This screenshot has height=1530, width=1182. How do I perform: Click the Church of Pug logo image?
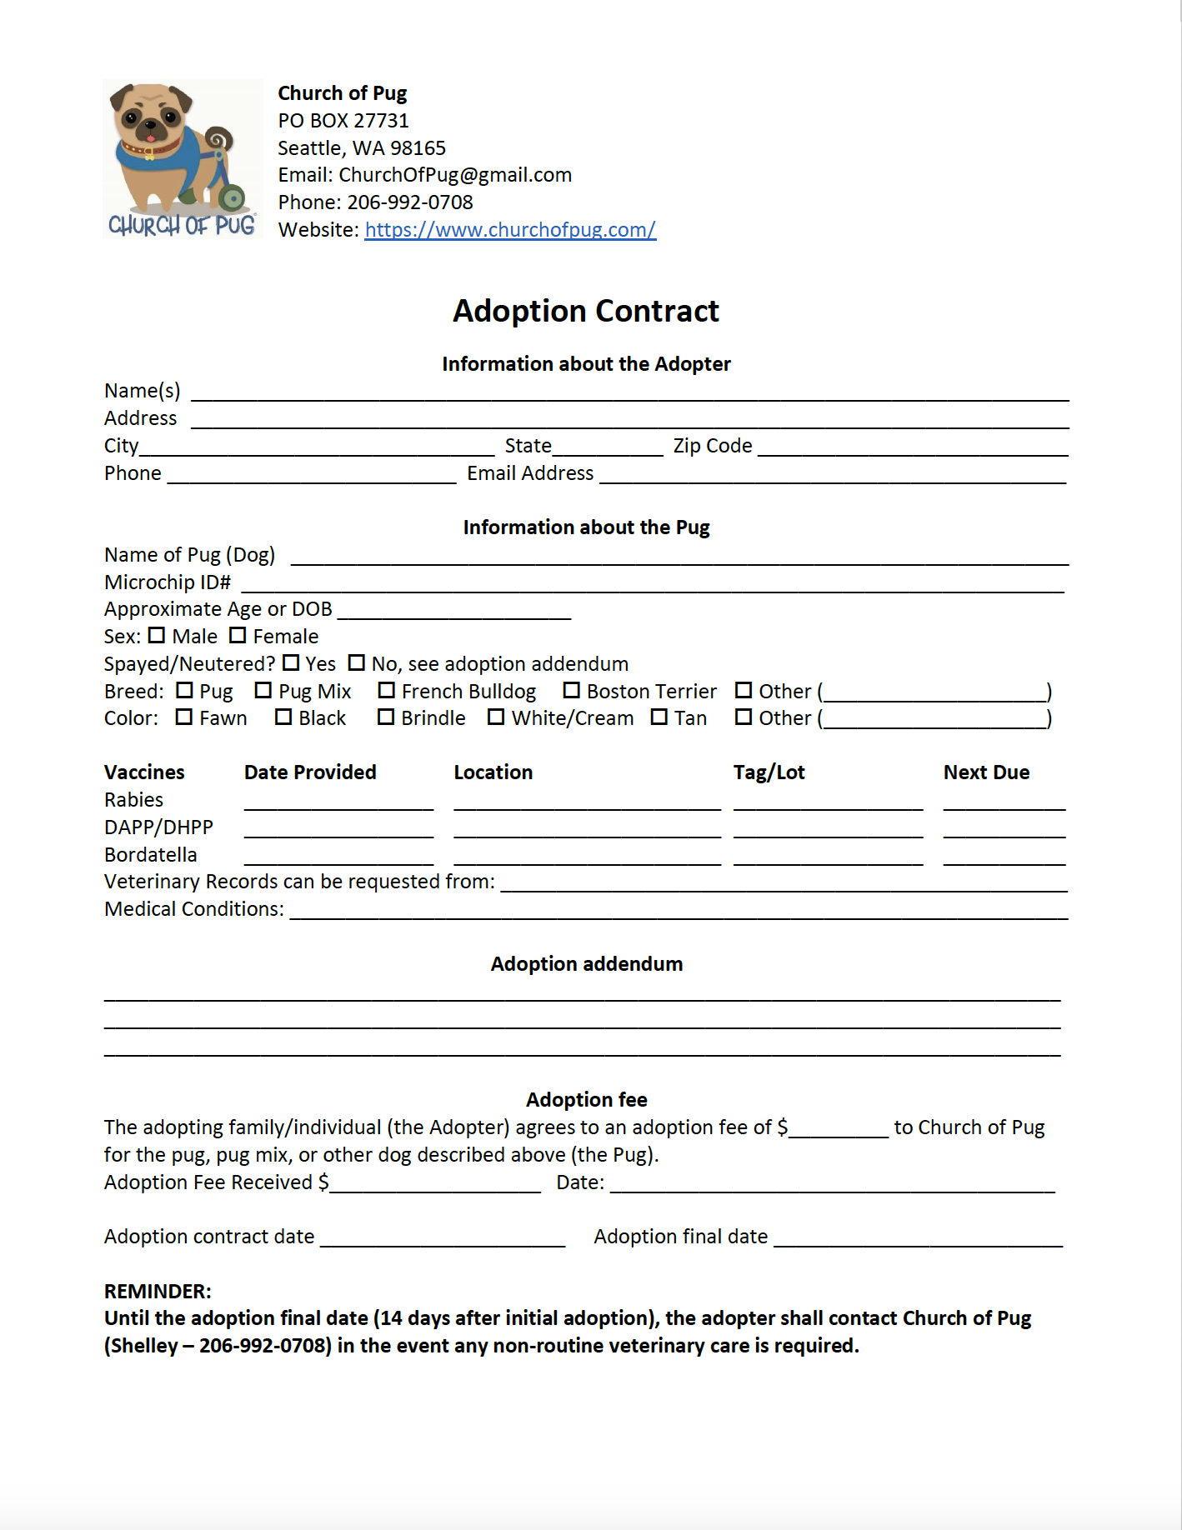182,159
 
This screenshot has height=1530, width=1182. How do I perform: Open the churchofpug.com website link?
510,230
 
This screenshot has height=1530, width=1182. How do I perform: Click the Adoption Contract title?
586,311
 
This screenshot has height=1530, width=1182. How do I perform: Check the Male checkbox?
157,636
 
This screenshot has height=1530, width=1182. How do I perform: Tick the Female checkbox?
238,636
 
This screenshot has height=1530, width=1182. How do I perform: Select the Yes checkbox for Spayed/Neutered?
291,663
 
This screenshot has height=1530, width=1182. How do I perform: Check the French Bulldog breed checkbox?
386,691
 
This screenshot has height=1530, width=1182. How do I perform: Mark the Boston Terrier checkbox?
571,691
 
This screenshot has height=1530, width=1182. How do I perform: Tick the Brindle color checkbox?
386,717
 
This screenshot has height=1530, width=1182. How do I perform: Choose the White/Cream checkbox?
496,717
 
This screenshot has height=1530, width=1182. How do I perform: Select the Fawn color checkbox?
184,717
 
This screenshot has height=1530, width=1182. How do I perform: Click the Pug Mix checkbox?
263,691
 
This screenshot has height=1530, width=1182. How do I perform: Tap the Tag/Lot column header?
769,772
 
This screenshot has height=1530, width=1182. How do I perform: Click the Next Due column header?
986,772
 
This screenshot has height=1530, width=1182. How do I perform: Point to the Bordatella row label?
151,855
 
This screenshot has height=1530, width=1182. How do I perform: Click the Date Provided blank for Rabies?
338,802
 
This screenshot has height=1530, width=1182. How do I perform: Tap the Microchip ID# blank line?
653,585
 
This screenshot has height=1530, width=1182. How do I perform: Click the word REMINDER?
158,1292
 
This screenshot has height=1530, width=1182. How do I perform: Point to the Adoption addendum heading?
586,964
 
